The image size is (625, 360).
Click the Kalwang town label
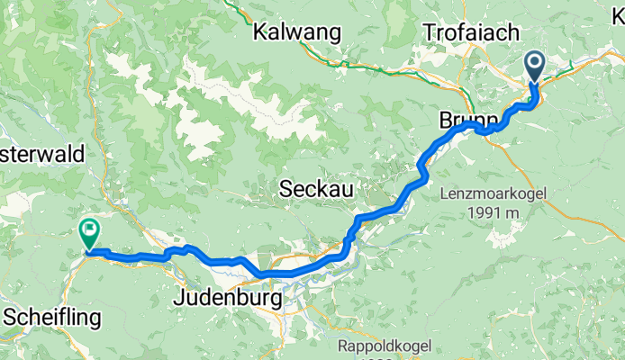pyautogui.click(x=297, y=33)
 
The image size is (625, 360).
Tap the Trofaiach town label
pyautogui.click(x=473, y=33)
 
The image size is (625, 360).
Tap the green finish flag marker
pyautogui.click(x=89, y=233)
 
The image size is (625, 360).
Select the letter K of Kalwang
pyautogui.click(x=261, y=33)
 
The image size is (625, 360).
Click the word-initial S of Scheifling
pyautogui.click(x=10, y=318)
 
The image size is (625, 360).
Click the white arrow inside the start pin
pyautogui.click(x=534, y=63)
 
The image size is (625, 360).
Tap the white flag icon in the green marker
pyautogui.click(x=89, y=230)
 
